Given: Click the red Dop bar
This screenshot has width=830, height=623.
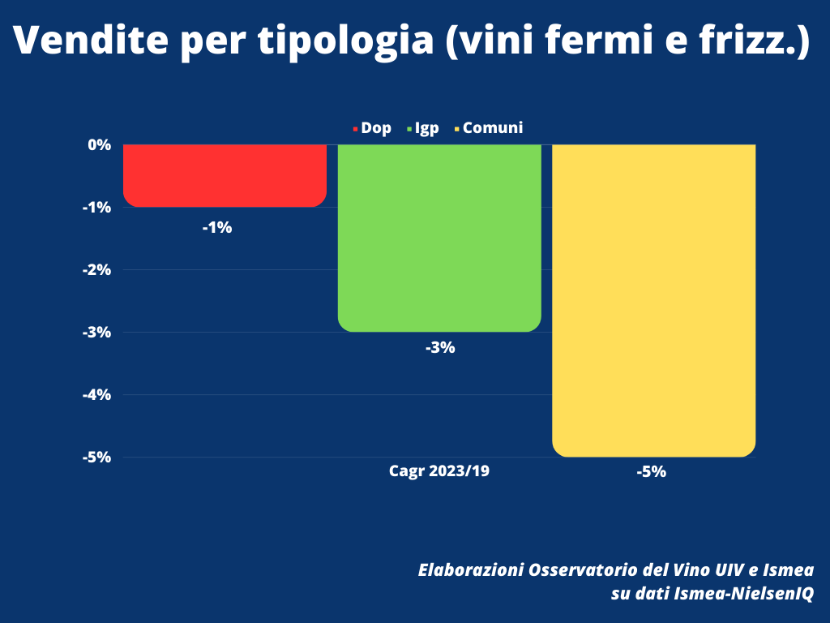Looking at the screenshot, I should [225, 175].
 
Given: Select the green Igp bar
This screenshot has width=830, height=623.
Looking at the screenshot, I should [439, 238].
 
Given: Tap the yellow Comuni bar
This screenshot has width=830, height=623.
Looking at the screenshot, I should [653, 300].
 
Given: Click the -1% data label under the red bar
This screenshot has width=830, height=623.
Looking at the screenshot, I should [217, 228].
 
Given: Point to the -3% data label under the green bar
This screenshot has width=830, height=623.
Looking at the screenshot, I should [440, 348].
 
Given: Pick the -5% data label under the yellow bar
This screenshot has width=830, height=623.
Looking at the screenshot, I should [651, 471].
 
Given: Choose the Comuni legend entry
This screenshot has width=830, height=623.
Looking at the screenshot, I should [492, 128].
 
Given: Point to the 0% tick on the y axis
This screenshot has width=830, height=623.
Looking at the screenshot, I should [99, 144].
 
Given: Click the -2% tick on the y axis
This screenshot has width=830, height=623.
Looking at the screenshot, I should [96, 269].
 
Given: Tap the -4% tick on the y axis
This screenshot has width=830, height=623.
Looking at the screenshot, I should [96, 394].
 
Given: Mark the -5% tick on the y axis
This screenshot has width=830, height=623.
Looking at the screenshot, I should [96, 457].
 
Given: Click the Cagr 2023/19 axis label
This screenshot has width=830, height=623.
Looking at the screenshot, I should [439, 471].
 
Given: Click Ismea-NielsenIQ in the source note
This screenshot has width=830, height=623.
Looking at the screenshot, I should [743, 594].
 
